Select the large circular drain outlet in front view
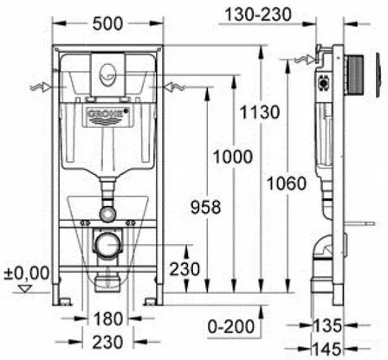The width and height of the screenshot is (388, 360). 105,243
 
